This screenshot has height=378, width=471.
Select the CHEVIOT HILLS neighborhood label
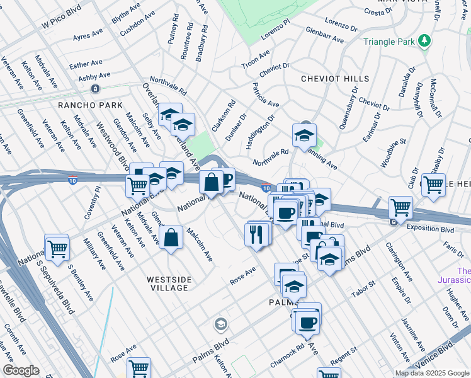point(335,79)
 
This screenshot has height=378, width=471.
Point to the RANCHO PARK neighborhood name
point(84,105)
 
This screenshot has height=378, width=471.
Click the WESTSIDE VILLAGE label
point(167,283)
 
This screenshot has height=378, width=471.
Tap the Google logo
point(21,370)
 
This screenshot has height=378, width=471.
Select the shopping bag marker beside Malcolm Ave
point(171,238)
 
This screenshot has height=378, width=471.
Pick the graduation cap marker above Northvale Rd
point(304,135)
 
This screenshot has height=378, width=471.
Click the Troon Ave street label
point(256,63)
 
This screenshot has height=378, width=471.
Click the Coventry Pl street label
point(93,202)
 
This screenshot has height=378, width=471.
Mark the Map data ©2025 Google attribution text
point(432,373)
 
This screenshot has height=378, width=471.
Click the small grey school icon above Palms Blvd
point(220,324)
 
